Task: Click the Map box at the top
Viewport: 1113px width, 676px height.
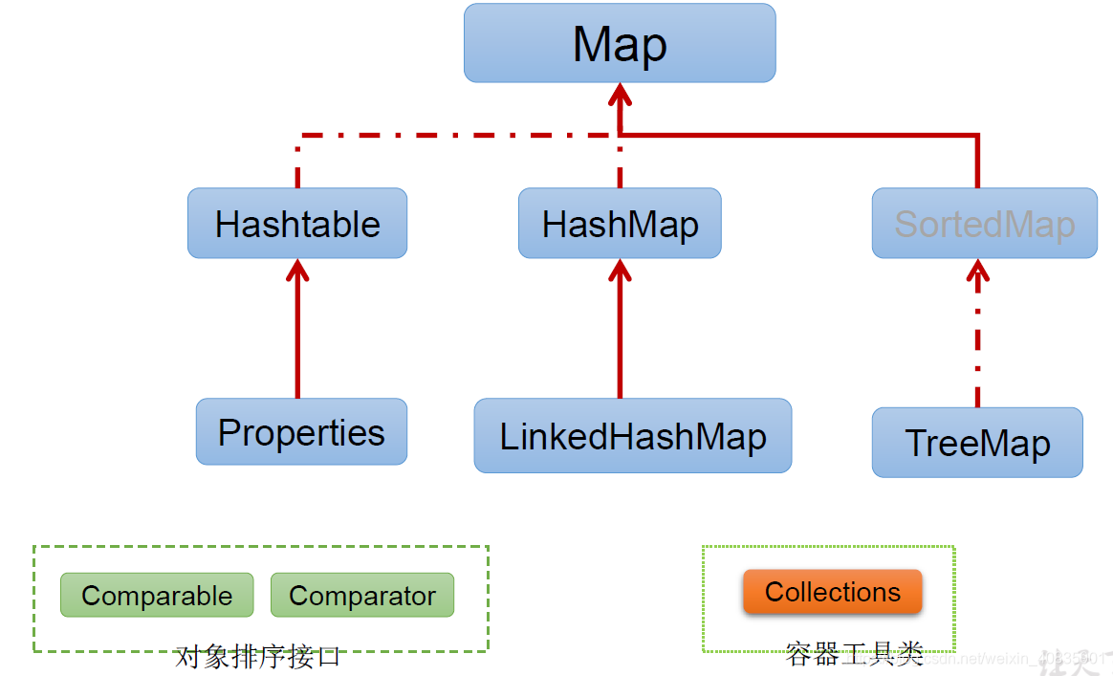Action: [x=620, y=43]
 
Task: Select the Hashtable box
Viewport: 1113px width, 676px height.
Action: [x=297, y=224]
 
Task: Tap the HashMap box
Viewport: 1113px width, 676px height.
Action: [x=620, y=224]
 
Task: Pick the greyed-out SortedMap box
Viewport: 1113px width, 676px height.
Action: [x=984, y=224]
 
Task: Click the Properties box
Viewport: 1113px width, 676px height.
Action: [x=301, y=432]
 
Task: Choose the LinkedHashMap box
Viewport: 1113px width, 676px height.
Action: [x=633, y=436]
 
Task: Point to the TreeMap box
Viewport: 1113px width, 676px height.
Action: [x=977, y=443]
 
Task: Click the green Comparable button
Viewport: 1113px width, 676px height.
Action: [x=157, y=596]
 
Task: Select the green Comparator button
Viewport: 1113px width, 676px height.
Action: [x=362, y=596]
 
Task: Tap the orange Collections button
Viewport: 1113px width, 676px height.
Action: [x=833, y=592]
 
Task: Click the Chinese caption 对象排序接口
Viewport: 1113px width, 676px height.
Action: [x=258, y=658]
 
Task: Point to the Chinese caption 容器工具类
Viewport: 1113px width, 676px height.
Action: [x=853, y=656]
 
